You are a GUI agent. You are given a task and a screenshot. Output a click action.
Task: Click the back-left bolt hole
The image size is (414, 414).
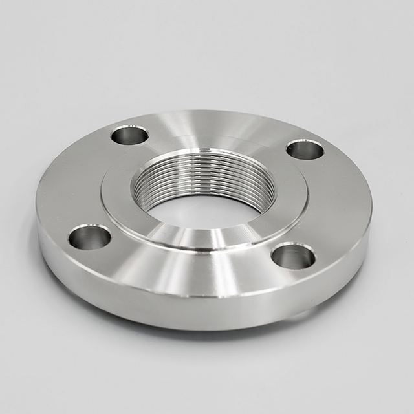[129, 135]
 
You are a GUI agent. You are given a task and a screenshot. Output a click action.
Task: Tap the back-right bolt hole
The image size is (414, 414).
[305, 149]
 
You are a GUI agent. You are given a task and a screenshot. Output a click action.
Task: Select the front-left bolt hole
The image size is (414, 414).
[89, 237]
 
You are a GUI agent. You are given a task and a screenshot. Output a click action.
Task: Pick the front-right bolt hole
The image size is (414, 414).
[293, 256]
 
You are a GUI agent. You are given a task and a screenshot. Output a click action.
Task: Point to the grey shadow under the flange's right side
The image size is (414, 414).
[336, 304]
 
